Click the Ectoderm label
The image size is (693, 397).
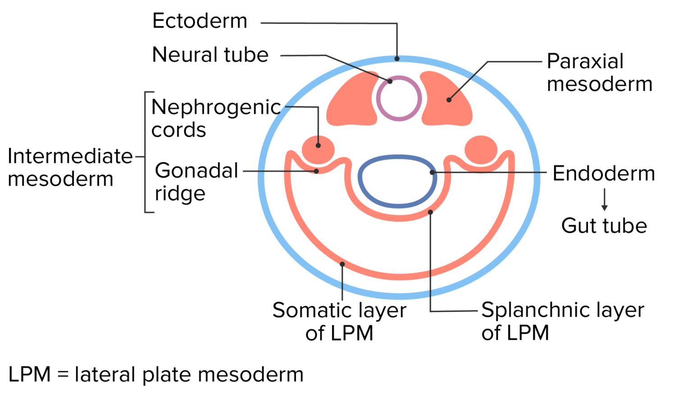(x=200, y=21)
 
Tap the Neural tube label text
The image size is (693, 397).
(x=210, y=55)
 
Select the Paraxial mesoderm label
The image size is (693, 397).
(x=599, y=73)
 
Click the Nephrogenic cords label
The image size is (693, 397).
(x=216, y=118)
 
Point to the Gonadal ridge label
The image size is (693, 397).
(x=196, y=182)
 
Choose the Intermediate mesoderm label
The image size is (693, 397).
(x=70, y=167)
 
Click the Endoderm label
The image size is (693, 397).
(x=604, y=174)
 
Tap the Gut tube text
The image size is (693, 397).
(x=604, y=226)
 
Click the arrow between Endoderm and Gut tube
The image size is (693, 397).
(x=604, y=200)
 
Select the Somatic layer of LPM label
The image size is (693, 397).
(x=339, y=321)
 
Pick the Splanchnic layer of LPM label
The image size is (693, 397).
(x=562, y=321)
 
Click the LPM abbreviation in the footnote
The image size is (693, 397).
(x=29, y=374)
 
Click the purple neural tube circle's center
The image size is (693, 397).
(x=399, y=98)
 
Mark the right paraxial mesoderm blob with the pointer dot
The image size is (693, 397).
(x=448, y=100)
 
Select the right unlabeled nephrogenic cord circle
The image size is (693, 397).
(x=481, y=149)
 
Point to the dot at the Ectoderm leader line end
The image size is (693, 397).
(x=397, y=59)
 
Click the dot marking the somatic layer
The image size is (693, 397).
(x=342, y=264)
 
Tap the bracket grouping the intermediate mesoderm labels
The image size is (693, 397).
(x=145, y=152)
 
